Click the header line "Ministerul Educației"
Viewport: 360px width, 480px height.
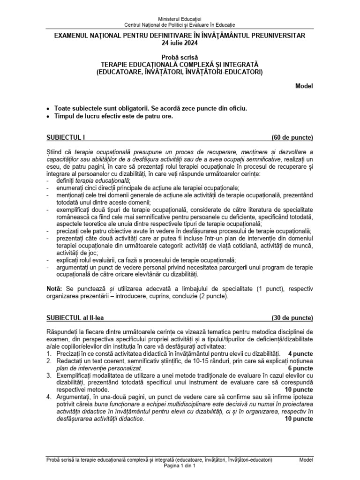point(180,18)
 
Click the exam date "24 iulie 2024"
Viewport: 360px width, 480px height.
point(180,43)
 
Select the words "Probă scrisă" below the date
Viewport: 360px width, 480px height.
point(180,57)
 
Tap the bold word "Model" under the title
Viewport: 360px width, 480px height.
point(304,86)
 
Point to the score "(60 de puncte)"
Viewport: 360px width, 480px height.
point(292,137)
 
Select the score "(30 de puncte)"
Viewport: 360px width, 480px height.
point(292,318)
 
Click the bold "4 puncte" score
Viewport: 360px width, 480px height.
point(300,353)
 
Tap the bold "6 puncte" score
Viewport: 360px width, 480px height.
point(300,368)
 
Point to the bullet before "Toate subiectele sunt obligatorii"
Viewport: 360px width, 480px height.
point(49,108)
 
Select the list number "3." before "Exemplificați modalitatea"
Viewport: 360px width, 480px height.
point(49,376)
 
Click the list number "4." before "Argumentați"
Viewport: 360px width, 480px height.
point(49,398)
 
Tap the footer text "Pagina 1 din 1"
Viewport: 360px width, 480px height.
point(180,467)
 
